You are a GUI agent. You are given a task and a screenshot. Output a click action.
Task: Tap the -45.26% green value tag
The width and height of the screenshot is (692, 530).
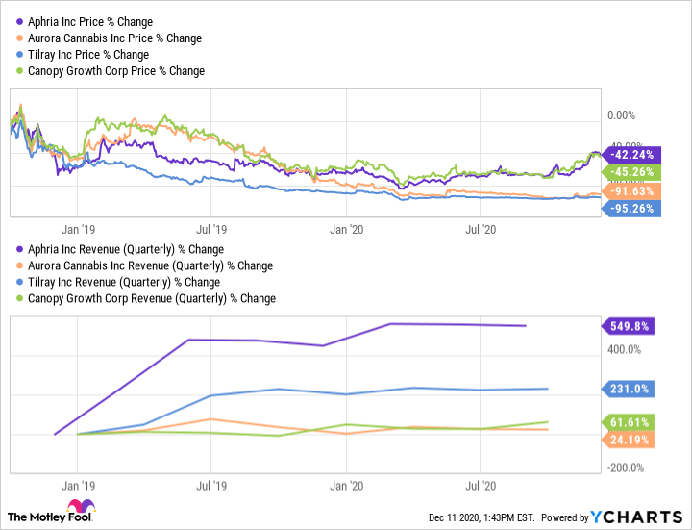tap(630, 172)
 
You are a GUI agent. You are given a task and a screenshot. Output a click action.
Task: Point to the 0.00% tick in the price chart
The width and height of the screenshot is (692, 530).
tap(622, 114)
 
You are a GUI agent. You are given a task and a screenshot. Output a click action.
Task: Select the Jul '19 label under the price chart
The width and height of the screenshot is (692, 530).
tap(210, 230)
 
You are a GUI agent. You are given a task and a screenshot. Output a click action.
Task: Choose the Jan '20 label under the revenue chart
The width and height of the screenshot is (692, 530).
tap(345, 487)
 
